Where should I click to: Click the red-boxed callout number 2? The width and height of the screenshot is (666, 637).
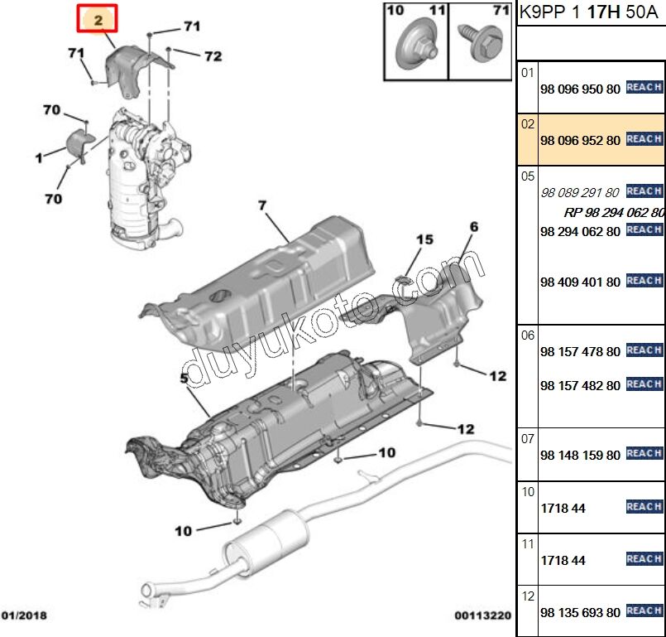click(x=98, y=19)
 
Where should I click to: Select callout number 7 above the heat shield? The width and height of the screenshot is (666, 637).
click(x=261, y=205)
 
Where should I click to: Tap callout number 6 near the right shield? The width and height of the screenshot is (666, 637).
click(x=474, y=226)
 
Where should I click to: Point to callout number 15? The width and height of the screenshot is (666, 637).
click(x=424, y=240)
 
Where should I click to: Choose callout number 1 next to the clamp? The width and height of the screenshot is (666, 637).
click(x=38, y=156)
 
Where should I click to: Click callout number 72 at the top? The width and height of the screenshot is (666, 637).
click(x=213, y=56)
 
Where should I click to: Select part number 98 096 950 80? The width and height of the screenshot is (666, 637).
click(x=580, y=89)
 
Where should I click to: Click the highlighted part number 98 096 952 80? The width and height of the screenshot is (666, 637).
click(x=580, y=140)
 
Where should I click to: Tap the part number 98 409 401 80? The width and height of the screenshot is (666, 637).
click(x=580, y=282)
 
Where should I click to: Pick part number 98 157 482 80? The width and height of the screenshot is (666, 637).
click(x=580, y=385)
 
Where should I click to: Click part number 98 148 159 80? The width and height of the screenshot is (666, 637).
click(x=580, y=455)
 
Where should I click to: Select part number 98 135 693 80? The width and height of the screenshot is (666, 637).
click(x=580, y=612)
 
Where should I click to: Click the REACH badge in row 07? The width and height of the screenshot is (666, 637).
click(x=644, y=453)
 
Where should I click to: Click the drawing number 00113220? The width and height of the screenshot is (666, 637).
click(x=482, y=615)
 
